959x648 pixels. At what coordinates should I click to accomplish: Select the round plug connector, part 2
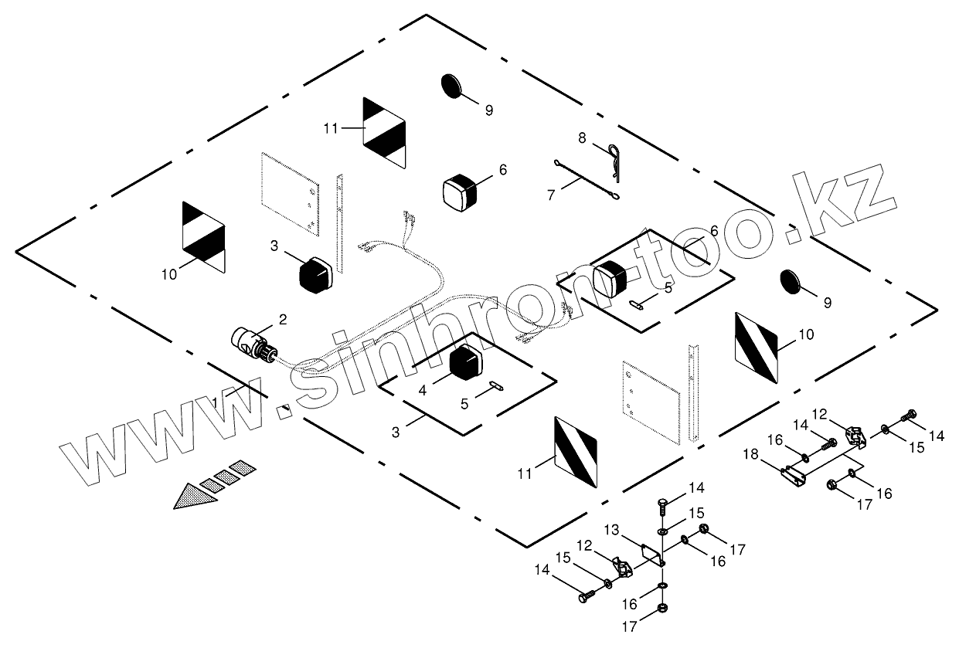(x=254, y=343)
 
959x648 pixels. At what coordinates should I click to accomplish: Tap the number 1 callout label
(x=216, y=402)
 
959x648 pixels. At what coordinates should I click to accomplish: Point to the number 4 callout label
(x=423, y=391)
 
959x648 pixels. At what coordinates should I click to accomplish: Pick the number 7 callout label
(x=551, y=195)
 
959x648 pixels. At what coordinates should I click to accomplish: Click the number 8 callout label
(x=582, y=137)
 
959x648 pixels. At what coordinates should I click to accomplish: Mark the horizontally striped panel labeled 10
(x=203, y=236)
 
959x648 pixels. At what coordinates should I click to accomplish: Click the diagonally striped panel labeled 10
(x=757, y=347)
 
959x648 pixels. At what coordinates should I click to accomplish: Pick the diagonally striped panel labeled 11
(x=576, y=452)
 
